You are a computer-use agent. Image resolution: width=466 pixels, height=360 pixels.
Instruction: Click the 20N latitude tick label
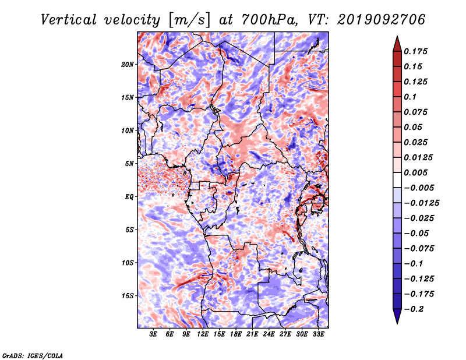(x=128, y=64)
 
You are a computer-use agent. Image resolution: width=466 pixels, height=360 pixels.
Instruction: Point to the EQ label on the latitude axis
(x=129, y=197)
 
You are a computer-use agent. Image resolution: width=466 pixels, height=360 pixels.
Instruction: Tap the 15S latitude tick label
(x=128, y=296)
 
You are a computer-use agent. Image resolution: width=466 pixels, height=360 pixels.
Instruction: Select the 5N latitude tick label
(x=129, y=164)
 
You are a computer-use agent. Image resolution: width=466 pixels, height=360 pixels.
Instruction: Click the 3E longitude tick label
(x=153, y=334)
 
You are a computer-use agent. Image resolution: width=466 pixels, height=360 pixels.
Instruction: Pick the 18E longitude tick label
(x=236, y=334)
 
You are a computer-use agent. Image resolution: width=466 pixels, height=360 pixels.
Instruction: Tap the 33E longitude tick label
(x=318, y=334)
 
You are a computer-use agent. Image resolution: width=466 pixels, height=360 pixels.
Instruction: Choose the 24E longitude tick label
(x=269, y=334)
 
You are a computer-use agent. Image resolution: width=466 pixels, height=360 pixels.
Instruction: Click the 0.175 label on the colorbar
(x=416, y=51)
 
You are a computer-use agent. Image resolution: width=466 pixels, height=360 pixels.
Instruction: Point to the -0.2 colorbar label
(x=414, y=309)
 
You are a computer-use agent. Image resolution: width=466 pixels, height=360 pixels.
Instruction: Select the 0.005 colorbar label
(x=416, y=172)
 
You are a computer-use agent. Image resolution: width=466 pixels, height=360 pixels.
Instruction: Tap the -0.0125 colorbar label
(x=421, y=203)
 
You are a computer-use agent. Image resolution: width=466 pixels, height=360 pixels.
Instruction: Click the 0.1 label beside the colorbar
(x=411, y=97)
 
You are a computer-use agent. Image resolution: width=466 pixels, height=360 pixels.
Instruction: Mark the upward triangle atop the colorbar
(x=397, y=44)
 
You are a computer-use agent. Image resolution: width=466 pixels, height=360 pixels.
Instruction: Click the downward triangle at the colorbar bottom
(x=397, y=316)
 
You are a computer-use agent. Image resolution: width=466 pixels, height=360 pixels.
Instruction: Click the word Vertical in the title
(x=69, y=20)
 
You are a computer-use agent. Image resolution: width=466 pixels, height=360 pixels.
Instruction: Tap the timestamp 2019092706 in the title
(x=382, y=20)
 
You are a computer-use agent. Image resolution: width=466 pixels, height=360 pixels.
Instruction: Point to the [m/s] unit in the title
(x=189, y=20)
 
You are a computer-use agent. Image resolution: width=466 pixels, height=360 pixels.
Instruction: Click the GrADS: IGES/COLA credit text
(x=33, y=355)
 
